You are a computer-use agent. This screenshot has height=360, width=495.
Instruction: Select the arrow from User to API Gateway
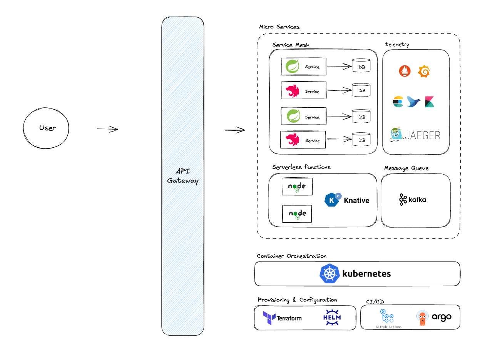[x=107, y=129]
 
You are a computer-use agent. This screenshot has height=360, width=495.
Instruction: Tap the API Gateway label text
[x=182, y=176]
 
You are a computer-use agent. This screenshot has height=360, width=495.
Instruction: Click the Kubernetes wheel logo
[x=330, y=274]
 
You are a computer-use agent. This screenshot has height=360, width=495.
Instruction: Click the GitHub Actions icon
[x=386, y=316]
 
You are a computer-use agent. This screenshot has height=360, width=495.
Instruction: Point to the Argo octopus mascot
[x=422, y=318]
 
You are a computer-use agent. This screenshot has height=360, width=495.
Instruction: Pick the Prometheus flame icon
[x=405, y=71]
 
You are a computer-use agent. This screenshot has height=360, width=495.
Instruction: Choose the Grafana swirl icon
[x=424, y=71]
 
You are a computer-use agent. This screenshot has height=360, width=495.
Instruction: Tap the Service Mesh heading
[x=291, y=45]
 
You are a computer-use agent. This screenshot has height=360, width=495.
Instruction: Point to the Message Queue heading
[x=406, y=168]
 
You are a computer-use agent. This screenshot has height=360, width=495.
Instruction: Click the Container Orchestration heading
[x=291, y=256]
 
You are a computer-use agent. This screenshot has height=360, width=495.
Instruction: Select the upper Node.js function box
[x=297, y=187]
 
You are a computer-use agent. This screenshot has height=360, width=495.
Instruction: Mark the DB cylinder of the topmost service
[x=362, y=66]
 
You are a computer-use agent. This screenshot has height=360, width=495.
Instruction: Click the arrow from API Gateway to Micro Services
[x=235, y=130]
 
